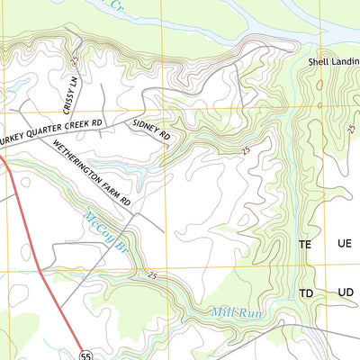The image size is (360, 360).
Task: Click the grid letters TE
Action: pos(306,244)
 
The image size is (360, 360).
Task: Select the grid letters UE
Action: pos(344,244)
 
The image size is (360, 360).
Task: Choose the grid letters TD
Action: pos(306,294)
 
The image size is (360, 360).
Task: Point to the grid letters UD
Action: pos(344,294)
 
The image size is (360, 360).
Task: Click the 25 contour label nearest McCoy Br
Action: pos(153,274)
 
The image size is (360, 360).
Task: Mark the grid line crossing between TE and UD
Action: pos(325,269)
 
